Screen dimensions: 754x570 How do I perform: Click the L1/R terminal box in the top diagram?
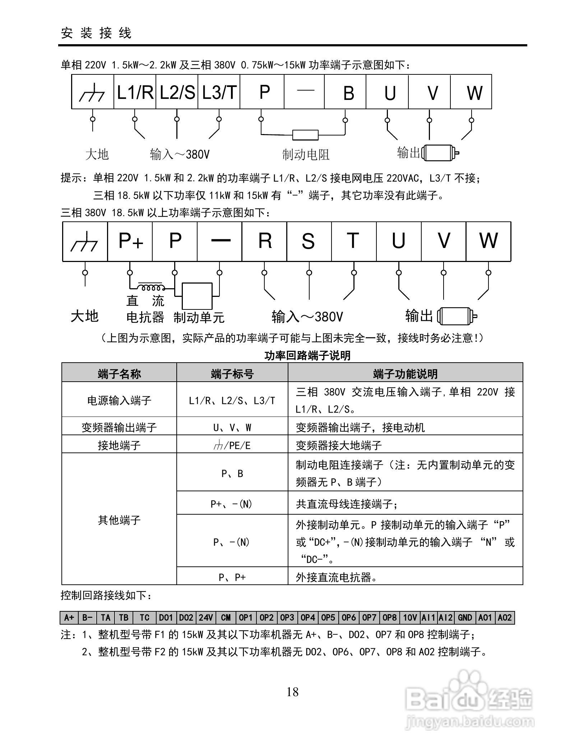tap(135, 92)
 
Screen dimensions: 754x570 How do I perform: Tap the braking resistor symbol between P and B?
tap(305, 135)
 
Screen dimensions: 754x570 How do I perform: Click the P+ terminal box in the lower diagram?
tap(130, 241)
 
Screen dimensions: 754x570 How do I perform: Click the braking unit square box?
tap(197, 295)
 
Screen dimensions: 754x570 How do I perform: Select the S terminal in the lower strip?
tap(309, 241)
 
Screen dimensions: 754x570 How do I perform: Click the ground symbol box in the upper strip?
tap(93, 92)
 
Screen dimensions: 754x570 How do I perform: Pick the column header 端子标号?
tap(232, 374)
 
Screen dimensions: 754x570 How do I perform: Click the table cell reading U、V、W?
tap(232, 427)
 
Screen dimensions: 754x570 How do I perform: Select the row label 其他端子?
tap(119, 520)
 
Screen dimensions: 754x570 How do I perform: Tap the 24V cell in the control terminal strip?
tap(206, 617)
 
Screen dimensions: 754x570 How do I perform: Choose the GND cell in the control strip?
tap(465, 617)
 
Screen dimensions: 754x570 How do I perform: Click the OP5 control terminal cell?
tap(328, 617)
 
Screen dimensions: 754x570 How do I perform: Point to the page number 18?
tap(292, 692)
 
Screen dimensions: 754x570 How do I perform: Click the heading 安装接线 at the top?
tap(96, 33)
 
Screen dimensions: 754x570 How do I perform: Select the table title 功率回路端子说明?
tap(307, 355)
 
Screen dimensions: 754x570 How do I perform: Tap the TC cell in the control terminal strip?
tap(145, 617)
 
